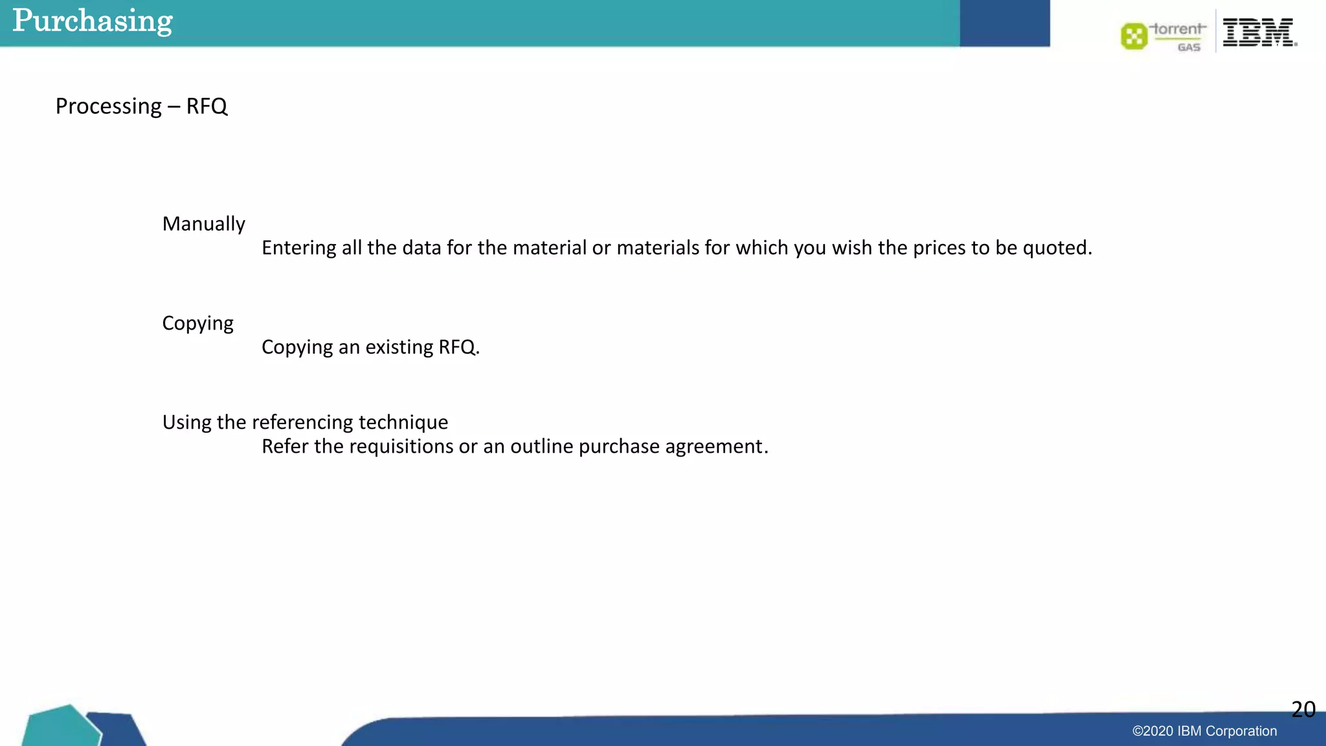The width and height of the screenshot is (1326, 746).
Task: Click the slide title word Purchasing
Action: click(x=93, y=21)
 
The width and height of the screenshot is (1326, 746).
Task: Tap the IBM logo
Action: click(x=1259, y=32)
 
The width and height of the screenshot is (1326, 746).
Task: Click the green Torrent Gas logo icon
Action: click(x=1134, y=36)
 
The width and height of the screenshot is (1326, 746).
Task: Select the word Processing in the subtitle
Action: click(x=108, y=106)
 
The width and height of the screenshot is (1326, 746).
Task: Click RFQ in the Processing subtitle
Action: click(x=207, y=106)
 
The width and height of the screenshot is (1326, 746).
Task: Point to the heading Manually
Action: click(x=203, y=224)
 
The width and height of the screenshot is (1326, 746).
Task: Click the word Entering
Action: click(x=298, y=248)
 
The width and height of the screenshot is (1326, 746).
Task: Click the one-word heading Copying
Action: click(x=197, y=323)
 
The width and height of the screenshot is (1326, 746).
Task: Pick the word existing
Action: click(x=399, y=347)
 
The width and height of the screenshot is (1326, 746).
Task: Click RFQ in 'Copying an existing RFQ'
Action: click(x=457, y=347)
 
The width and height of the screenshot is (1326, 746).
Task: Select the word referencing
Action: click(x=302, y=422)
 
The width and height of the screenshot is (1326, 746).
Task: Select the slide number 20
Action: click(x=1303, y=710)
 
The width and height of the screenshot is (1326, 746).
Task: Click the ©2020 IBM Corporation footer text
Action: click(x=1204, y=731)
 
